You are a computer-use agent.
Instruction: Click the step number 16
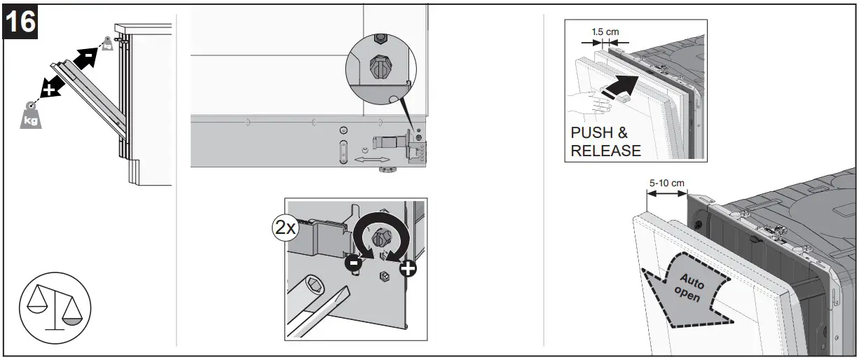point(20,22)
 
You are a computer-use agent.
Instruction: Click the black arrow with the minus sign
point(85,55)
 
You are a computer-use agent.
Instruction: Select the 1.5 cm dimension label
point(605,32)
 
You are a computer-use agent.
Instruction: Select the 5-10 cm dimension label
point(666,183)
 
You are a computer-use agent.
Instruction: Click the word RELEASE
point(606,150)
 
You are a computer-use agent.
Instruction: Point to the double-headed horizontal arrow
point(373,160)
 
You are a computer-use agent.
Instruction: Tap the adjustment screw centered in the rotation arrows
point(380,239)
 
